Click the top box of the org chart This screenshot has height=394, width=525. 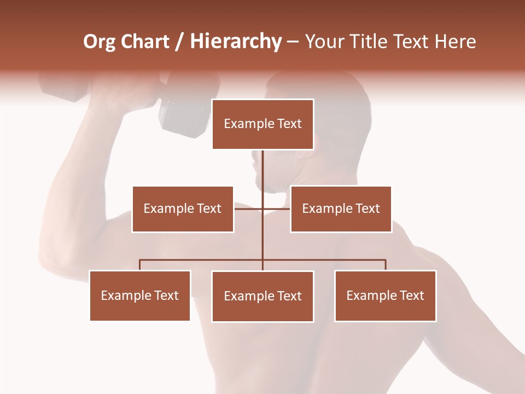click(262, 124)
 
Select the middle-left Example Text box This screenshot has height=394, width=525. click(183, 209)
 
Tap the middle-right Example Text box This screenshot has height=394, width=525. click(341, 209)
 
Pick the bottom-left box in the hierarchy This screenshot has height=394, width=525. click(140, 296)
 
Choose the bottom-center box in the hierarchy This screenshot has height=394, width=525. click(262, 296)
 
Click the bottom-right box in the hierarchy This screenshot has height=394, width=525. click(385, 296)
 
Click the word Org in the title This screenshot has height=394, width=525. click(99, 42)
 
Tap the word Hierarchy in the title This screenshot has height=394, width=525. click(235, 42)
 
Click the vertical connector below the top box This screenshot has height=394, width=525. click(262, 175)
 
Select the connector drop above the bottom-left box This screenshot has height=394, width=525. click(140, 265)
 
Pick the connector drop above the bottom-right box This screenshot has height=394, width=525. click(385, 265)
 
